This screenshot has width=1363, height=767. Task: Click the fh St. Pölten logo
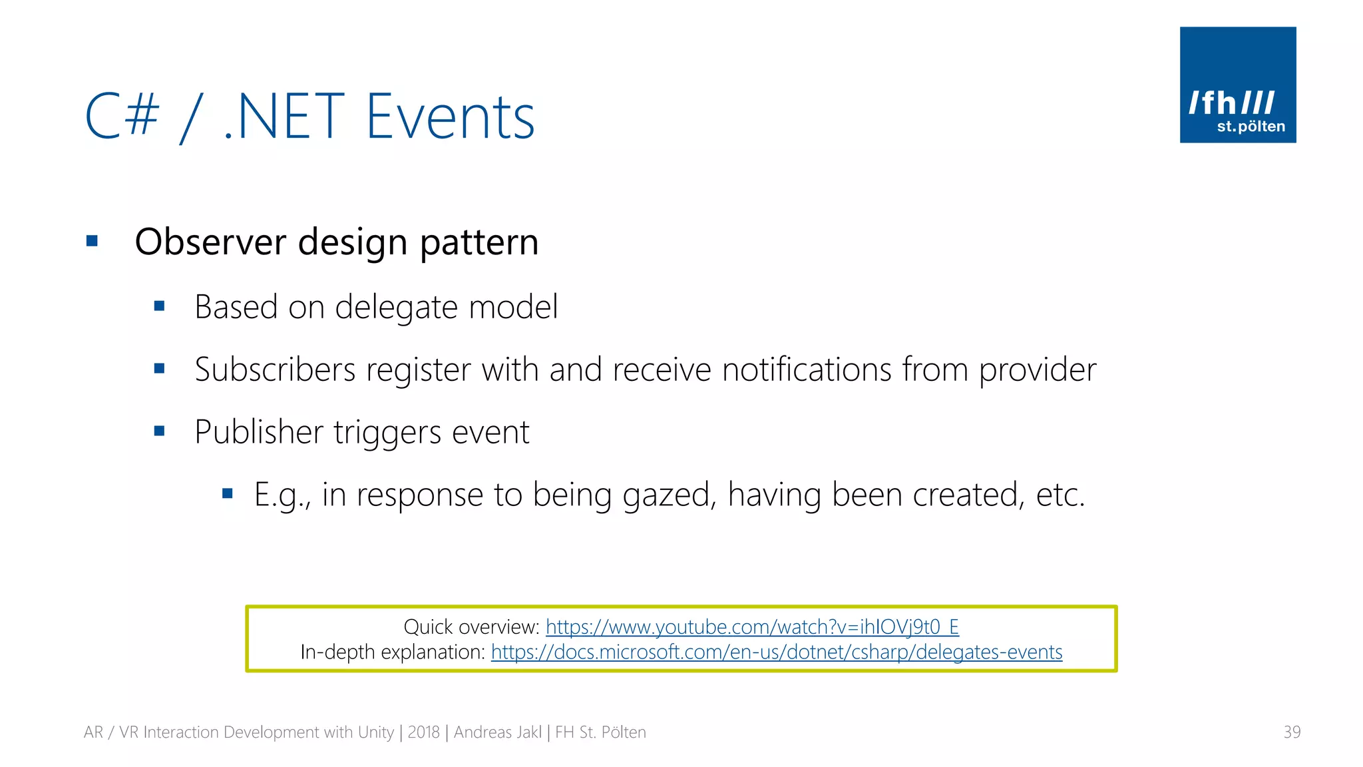click(1237, 85)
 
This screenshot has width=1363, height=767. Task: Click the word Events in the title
click(450, 118)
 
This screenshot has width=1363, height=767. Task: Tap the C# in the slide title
click(122, 117)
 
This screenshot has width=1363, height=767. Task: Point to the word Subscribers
click(275, 370)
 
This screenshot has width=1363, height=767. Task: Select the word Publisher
click(259, 432)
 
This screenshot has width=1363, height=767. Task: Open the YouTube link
click(752, 627)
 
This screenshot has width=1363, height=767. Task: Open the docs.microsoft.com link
click(776, 652)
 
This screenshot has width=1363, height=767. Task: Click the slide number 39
click(1291, 732)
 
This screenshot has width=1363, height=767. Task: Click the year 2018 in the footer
click(423, 732)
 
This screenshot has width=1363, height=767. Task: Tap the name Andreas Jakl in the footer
click(497, 732)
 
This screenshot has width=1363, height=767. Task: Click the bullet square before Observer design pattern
click(93, 241)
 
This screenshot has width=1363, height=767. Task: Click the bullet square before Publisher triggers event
click(159, 431)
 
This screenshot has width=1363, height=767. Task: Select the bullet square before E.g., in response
click(228, 493)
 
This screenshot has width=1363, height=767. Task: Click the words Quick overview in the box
click(470, 627)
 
